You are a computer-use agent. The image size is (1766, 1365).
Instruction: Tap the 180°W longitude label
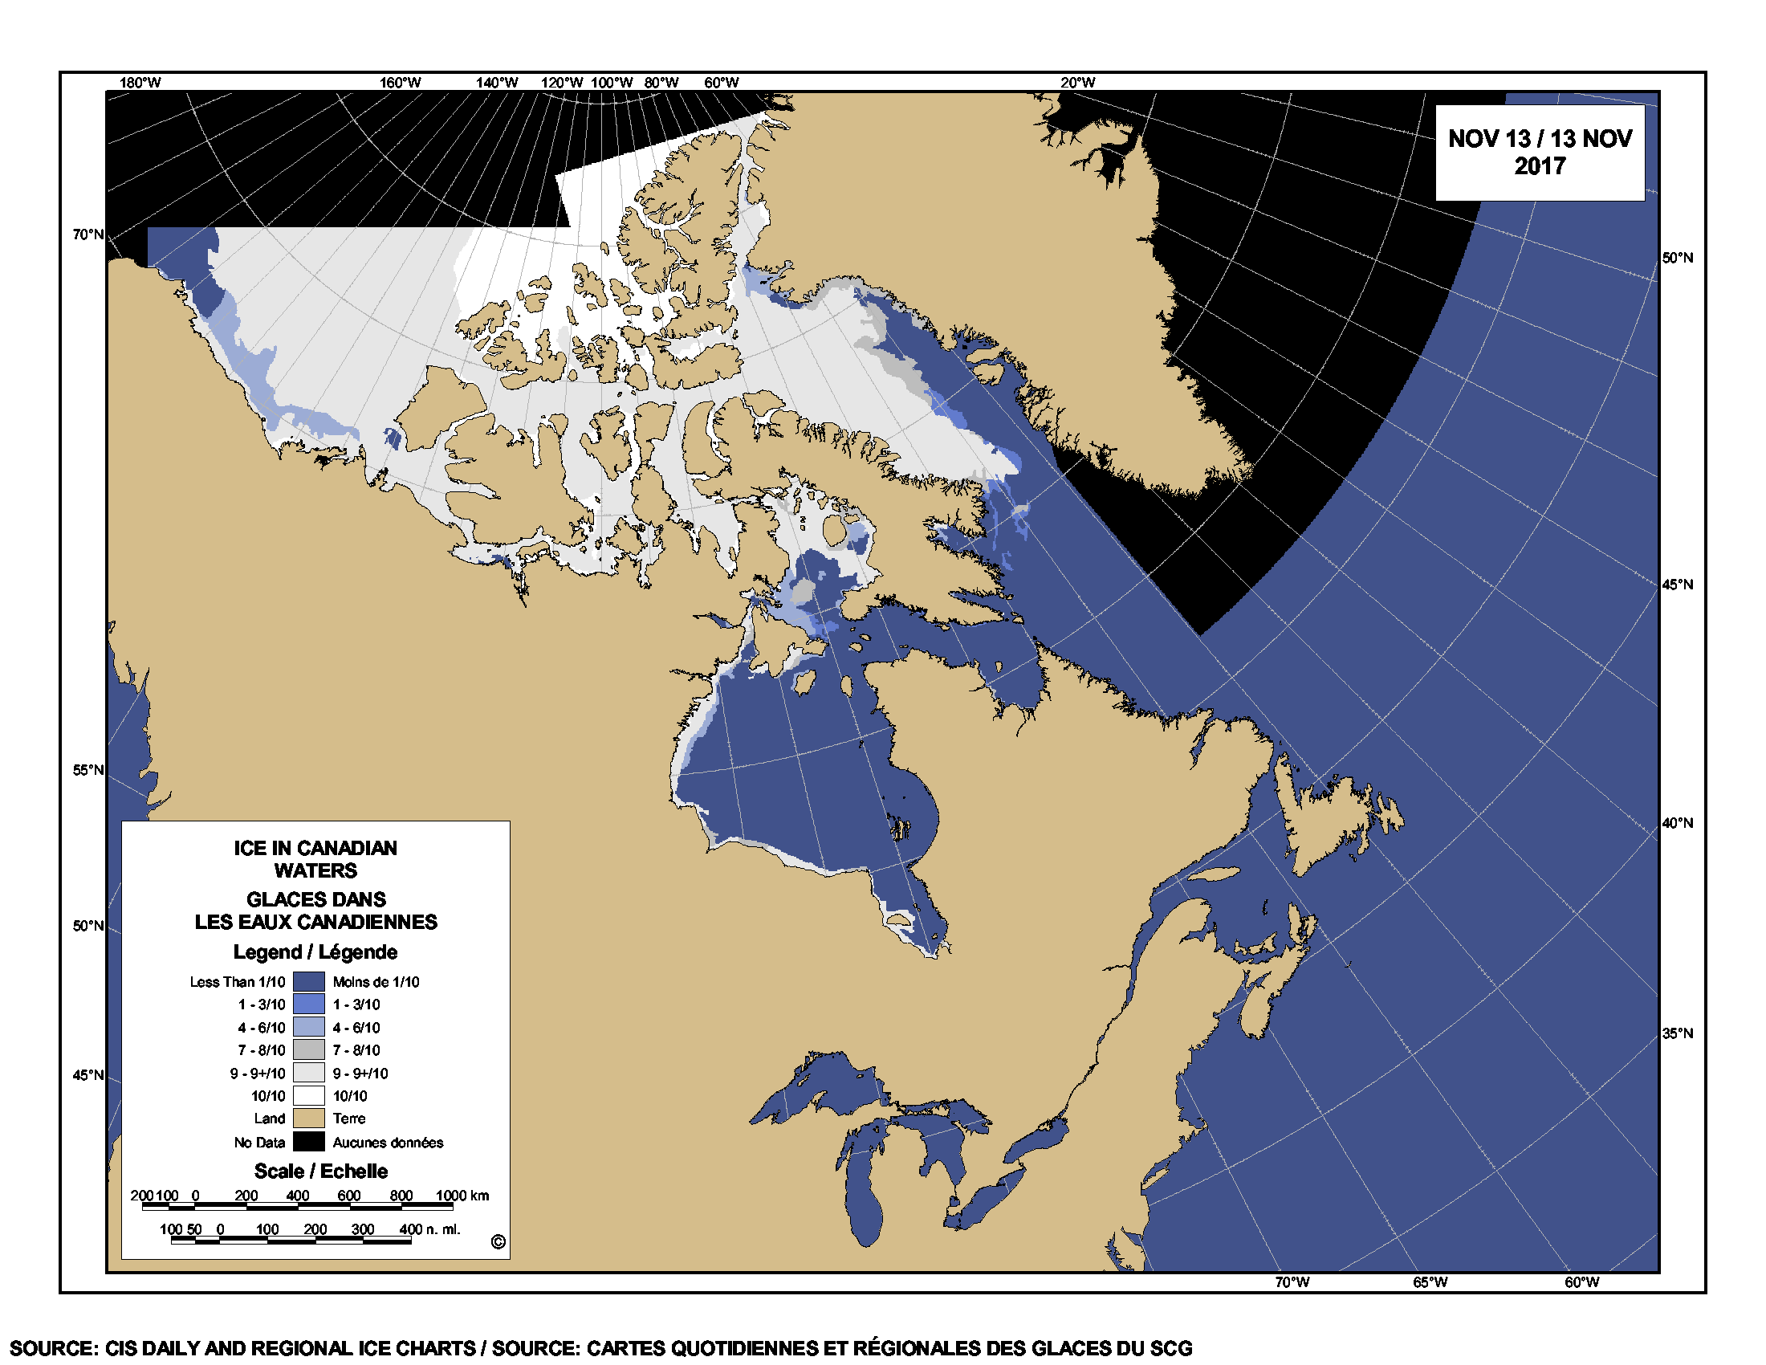(x=140, y=83)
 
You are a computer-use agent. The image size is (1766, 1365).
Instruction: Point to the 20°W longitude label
(x=1077, y=83)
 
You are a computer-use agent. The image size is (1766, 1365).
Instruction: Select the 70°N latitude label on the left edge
(x=88, y=234)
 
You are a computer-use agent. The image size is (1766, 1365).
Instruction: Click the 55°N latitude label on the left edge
(x=88, y=770)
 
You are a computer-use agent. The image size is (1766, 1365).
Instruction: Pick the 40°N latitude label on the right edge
(x=1677, y=823)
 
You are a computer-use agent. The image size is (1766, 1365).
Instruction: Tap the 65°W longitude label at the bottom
(x=1430, y=1282)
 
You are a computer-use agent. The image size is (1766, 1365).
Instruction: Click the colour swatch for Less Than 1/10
(x=308, y=982)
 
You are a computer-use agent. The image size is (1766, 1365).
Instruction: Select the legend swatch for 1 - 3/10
(x=308, y=1004)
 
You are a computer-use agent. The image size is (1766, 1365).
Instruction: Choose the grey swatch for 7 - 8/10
(x=308, y=1050)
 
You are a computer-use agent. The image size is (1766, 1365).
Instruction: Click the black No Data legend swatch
(x=308, y=1142)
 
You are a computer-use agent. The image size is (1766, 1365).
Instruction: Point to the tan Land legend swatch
(x=308, y=1118)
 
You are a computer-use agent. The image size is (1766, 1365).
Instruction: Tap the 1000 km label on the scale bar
(x=462, y=1196)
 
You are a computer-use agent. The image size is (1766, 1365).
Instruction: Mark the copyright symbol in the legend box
(x=498, y=1242)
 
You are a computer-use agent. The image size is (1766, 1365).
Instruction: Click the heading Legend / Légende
(x=315, y=951)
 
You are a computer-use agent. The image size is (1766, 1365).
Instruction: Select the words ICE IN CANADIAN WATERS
(x=315, y=859)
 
